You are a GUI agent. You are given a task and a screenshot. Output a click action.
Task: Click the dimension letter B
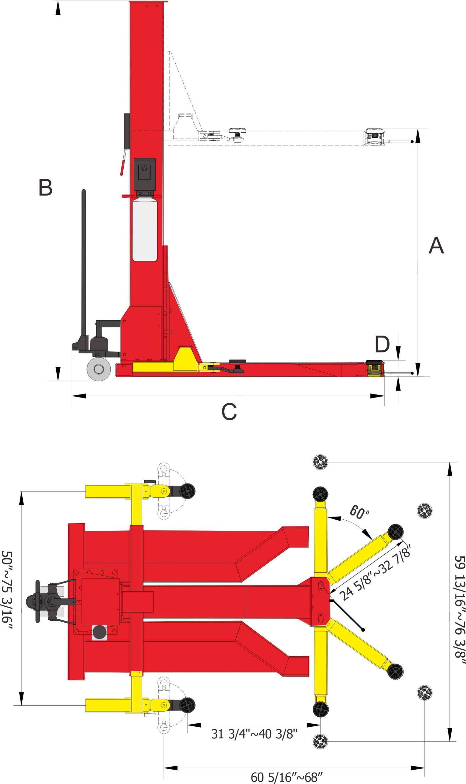pyautogui.click(x=45, y=187)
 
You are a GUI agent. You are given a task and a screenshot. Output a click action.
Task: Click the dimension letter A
pyautogui.click(x=436, y=245)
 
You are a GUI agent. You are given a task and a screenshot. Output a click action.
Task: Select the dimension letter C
pyautogui.click(x=229, y=411)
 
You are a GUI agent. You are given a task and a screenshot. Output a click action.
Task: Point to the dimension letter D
pyautogui.click(x=382, y=344)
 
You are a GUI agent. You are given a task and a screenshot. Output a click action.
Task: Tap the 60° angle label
pyautogui.click(x=360, y=512)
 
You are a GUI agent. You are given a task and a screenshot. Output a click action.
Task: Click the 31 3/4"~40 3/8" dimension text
pyautogui.click(x=254, y=734)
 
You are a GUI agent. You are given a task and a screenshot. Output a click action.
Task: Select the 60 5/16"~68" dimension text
pyautogui.click(x=286, y=777)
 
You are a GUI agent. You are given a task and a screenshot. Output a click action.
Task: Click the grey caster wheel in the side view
pyautogui.click(x=99, y=369)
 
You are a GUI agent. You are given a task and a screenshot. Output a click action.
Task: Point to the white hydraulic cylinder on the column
pyautogui.click(x=144, y=230)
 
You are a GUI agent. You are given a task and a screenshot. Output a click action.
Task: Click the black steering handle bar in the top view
pyautogui.click(x=38, y=601)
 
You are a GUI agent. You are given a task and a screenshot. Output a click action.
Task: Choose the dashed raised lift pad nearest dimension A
pyautogui.click(x=374, y=137)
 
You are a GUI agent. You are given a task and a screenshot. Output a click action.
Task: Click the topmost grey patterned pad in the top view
pyautogui.click(x=320, y=462)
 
